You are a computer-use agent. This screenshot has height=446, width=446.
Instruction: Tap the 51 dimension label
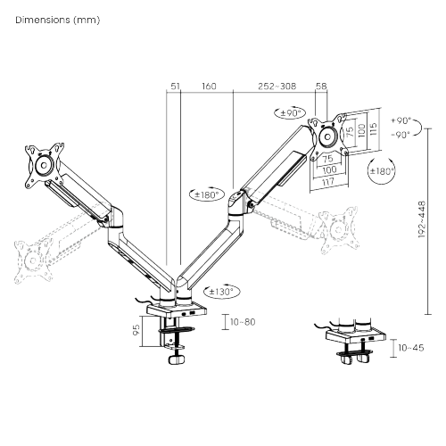(174, 87)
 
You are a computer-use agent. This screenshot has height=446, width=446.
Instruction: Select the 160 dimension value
(209, 87)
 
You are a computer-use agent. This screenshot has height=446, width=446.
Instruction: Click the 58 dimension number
(321, 87)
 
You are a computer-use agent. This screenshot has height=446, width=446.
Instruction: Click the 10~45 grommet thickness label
(411, 347)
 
